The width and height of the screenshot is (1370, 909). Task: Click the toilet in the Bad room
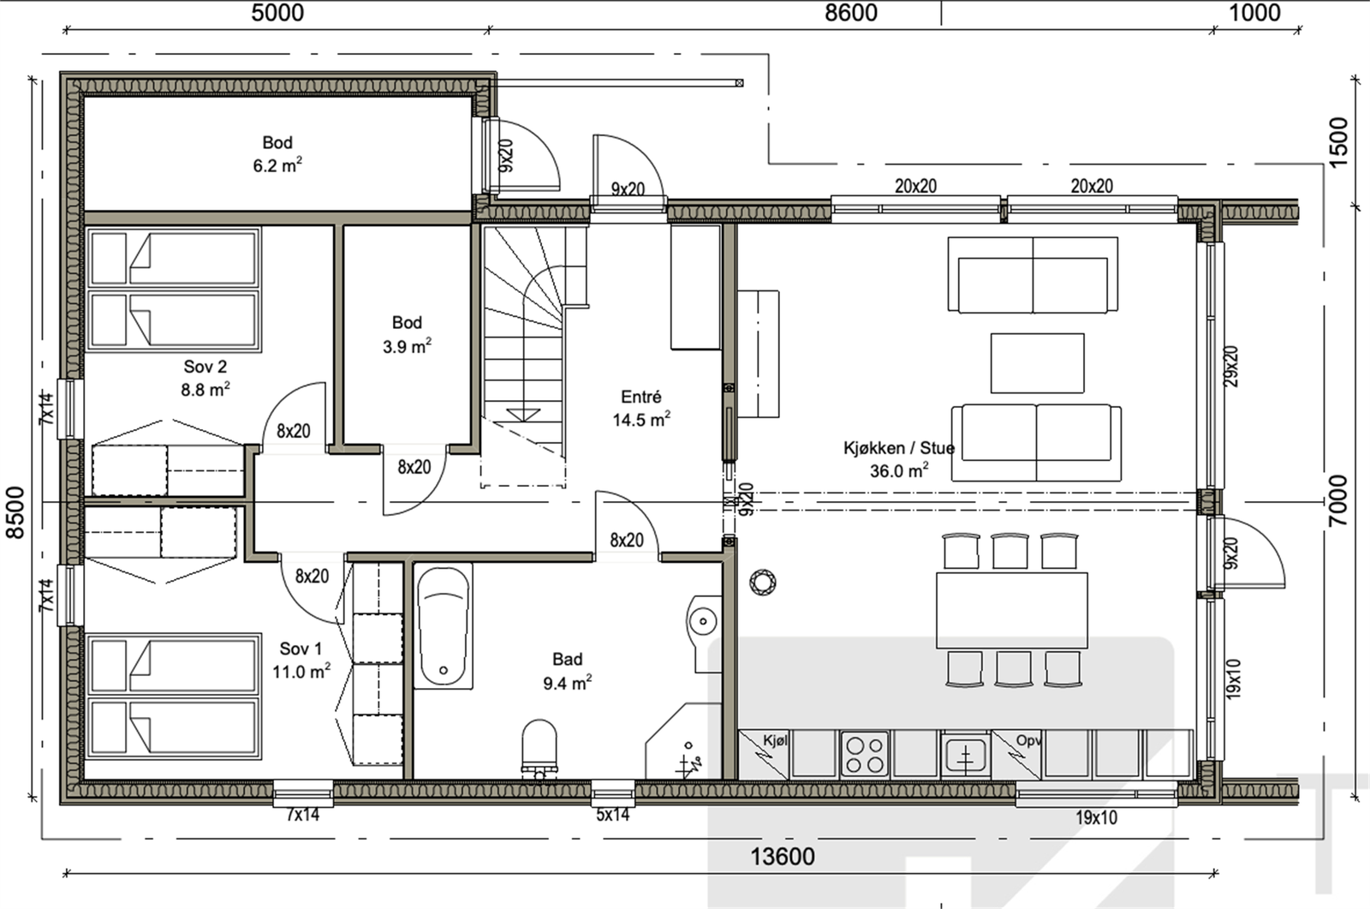(539, 750)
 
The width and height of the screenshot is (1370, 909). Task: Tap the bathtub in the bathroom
(444, 625)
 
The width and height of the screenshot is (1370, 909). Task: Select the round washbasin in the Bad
(703, 621)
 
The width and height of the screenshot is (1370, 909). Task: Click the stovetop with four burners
(865, 755)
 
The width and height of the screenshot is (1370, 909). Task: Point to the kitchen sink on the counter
(965, 755)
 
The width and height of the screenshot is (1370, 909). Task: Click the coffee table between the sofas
(1037, 363)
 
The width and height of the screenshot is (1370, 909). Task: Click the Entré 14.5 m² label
(641, 409)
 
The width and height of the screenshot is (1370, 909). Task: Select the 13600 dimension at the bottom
(783, 857)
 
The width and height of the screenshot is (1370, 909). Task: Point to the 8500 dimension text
(15, 513)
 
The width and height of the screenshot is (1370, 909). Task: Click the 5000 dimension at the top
(277, 13)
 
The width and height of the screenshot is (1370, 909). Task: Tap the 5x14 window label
(612, 815)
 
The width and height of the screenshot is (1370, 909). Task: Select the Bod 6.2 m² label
(277, 154)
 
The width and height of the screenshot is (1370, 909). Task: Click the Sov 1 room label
(301, 649)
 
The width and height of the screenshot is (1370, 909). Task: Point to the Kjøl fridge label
(775, 741)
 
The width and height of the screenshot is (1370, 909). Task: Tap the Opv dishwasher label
(1027, 741)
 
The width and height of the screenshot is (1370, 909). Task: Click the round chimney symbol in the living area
(763, 582)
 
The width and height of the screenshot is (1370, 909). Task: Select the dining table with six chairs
(1011, 610)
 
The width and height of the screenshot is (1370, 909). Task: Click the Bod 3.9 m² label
(407, 335)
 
